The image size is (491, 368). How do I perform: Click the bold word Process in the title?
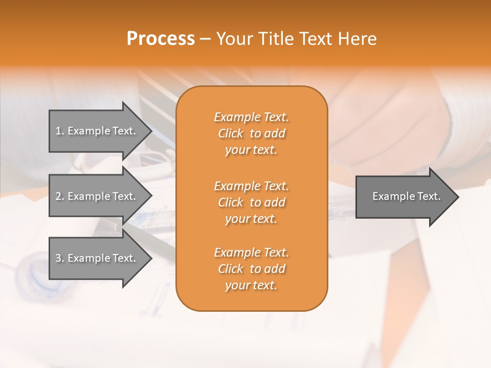point(161,39)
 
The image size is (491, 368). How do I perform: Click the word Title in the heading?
point(275,39)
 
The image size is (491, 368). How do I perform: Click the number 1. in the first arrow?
point(60,131)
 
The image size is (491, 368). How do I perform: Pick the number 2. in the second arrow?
point(60,196)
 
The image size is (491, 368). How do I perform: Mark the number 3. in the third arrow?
point(60,258)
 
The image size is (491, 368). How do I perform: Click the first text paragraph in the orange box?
point(251,133)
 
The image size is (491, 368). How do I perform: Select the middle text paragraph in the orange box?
point(251,202)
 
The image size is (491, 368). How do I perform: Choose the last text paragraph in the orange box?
point(251,269)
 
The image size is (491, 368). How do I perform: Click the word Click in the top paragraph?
point(230,133)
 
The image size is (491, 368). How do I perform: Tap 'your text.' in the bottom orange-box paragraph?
point(251,285)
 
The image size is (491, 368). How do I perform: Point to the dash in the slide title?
point(206,39)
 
